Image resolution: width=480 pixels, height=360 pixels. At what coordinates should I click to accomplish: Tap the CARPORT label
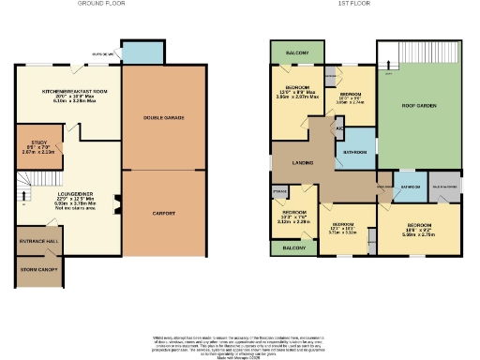pyautogui.click(x=164, y=213)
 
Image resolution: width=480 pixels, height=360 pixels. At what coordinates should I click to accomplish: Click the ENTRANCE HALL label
pyautogui.click(x=36, y=241)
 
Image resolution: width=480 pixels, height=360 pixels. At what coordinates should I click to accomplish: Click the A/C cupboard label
pyautogui.click(x=338, y=130)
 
